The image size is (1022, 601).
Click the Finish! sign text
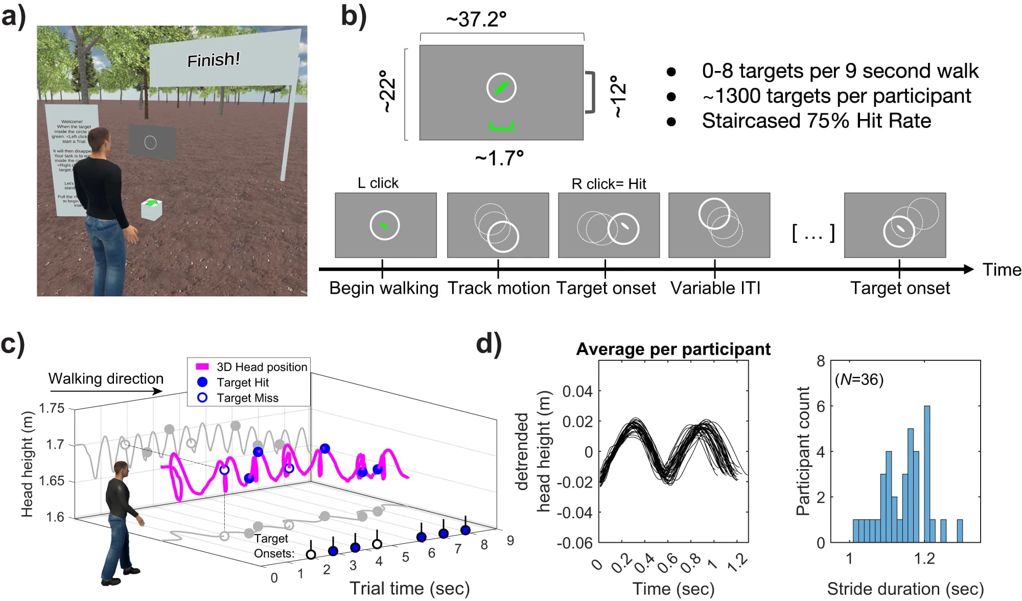214,60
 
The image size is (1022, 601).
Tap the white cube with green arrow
151,209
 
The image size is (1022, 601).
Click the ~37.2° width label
476,19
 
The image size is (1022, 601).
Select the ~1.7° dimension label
499,158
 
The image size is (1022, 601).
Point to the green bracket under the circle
501,126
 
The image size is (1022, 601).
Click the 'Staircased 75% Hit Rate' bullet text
816,121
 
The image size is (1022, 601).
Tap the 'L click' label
378,183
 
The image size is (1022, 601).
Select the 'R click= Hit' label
609,183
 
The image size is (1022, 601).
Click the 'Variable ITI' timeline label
715,288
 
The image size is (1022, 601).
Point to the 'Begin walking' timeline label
384,288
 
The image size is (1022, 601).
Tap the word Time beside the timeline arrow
1002,270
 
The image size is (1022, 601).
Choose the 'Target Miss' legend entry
247,398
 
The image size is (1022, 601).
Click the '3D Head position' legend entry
262,367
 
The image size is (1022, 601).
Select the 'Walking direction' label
106,379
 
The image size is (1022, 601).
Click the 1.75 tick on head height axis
52,408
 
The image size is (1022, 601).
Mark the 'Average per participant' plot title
673,349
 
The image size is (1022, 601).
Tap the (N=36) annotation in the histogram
859,379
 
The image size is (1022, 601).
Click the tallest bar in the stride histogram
926,474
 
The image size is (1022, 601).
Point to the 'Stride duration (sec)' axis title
905,589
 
